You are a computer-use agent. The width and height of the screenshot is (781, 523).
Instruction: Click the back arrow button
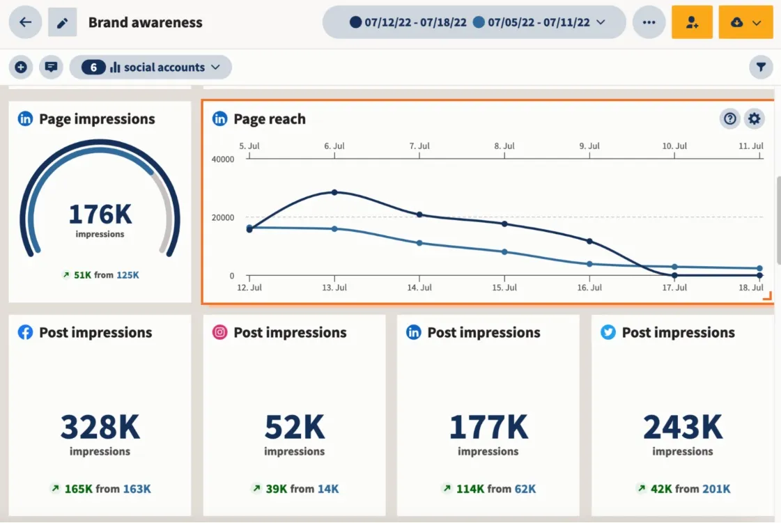25,22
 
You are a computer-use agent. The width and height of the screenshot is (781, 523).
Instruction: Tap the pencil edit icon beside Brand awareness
62,23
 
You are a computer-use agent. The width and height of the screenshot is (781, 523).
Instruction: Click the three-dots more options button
649,22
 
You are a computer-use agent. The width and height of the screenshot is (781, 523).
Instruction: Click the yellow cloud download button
745,22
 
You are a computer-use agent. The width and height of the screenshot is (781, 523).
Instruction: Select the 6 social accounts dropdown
150,68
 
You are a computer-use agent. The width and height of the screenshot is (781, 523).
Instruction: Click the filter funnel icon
761,68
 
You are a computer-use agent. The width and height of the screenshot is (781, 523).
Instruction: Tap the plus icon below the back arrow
21,68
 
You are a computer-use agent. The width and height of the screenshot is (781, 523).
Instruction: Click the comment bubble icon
51,68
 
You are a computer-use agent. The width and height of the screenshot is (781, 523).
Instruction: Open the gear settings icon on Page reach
754,119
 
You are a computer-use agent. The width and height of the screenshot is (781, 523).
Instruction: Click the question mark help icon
729,119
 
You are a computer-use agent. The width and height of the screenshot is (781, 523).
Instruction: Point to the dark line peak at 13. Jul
334,192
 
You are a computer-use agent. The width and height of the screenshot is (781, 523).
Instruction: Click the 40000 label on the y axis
223,159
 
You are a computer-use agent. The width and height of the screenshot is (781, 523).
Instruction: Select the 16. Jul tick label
589,288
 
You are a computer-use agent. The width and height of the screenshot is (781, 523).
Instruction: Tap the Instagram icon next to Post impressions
219,333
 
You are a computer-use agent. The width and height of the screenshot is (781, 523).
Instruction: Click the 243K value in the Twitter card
682,427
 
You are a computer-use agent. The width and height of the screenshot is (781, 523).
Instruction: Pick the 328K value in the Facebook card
100,427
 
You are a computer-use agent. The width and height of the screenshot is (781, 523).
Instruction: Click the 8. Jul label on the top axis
504,146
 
